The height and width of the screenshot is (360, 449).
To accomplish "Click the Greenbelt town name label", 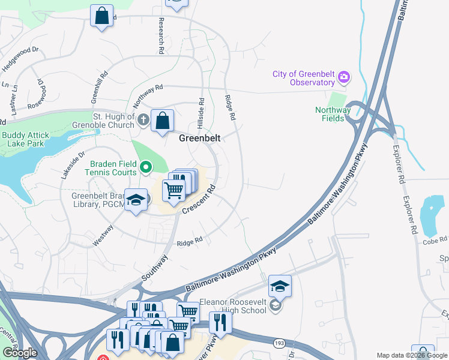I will click(200, 137).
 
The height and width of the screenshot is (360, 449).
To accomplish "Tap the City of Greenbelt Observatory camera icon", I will click(343, 77).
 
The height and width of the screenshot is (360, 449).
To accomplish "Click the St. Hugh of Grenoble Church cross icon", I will click(143, 119).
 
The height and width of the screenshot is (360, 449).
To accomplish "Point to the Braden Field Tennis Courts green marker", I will click(146, 166).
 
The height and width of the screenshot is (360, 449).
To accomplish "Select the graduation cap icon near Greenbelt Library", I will click(136, 200).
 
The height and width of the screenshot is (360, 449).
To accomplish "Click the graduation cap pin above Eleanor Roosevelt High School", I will click(280, 286).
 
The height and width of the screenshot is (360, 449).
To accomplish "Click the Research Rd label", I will click(161, 37).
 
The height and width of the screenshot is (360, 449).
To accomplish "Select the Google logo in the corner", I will click(20, 352).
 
